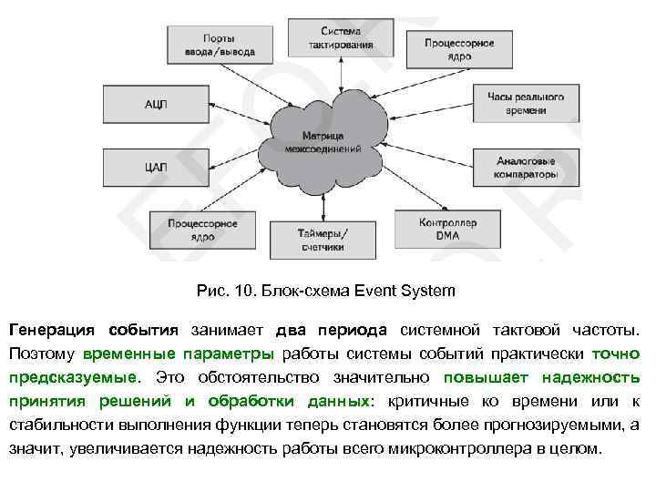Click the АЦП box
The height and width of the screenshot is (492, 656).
(156, 105)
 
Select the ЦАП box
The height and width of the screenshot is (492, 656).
(156, 167)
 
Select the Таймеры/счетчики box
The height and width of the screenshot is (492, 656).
(322, 239)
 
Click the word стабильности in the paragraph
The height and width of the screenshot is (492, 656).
(54, 425)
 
